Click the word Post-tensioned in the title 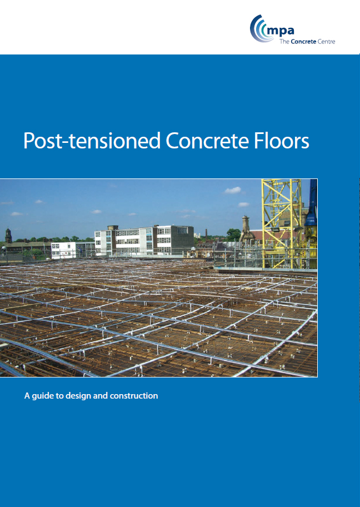point(92,141)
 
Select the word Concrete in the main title point(207,140)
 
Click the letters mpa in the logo point(280,31)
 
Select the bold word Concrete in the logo point(303,41)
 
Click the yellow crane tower point(282,223)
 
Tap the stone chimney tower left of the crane point(246,229)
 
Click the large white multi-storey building point(144,240)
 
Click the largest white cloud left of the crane point(233,191)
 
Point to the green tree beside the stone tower point(233,235)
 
